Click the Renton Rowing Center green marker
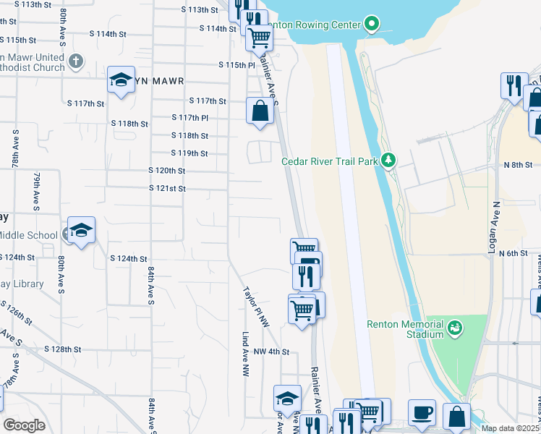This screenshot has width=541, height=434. [x=372, y=25]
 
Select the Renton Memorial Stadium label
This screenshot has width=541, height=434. [x=404, y=329]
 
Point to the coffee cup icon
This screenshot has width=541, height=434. [x=422, y=413]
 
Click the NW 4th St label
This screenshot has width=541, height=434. [x=271, y=352]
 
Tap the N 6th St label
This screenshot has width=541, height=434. [x=514, y=253]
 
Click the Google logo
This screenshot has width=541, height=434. [x=24, y=425]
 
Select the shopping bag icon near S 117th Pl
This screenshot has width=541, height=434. [x=260, y=111]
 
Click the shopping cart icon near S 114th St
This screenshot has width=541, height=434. [x=258, y=37]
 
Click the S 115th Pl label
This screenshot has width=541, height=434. [x=237, y=64]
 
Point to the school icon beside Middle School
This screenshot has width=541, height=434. [x=81, y=231]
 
